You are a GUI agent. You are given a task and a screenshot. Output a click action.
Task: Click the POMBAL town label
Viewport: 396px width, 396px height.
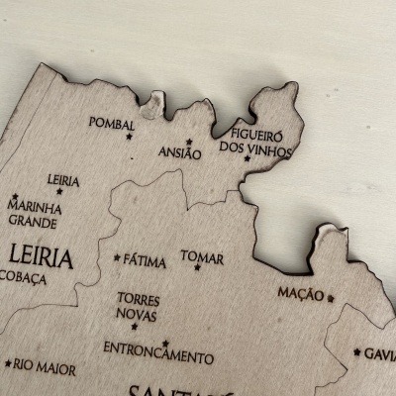click(111, 123)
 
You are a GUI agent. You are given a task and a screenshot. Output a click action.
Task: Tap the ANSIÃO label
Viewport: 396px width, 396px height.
click(180, 153)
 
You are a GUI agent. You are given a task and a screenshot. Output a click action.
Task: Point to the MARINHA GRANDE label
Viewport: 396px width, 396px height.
click(32, 213)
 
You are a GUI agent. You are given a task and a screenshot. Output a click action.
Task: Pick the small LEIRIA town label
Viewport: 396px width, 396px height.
click(62, 180)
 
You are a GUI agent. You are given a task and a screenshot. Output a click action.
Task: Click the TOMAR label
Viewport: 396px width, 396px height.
click(201, 255)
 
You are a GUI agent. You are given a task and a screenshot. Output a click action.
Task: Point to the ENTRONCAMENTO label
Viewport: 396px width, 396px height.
click(158, 352)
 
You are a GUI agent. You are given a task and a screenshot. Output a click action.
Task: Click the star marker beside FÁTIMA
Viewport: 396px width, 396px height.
click(117, 258)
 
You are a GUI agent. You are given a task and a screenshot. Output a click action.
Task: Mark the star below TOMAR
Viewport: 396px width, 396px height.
click(198, 267)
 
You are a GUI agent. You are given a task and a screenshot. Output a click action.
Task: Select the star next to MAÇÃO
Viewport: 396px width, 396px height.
click(331, 296)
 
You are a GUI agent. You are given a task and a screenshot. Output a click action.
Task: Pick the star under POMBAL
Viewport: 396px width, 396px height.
click(128, 136)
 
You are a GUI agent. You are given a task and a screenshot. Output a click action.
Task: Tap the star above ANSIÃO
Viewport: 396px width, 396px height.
click(189, 142)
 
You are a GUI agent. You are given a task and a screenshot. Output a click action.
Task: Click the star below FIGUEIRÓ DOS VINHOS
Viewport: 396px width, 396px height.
click(247, 158)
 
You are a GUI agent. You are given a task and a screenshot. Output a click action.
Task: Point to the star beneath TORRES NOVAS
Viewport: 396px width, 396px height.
click(134, 326)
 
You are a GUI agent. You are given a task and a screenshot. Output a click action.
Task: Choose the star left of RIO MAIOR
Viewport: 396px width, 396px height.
click(8, 363)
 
